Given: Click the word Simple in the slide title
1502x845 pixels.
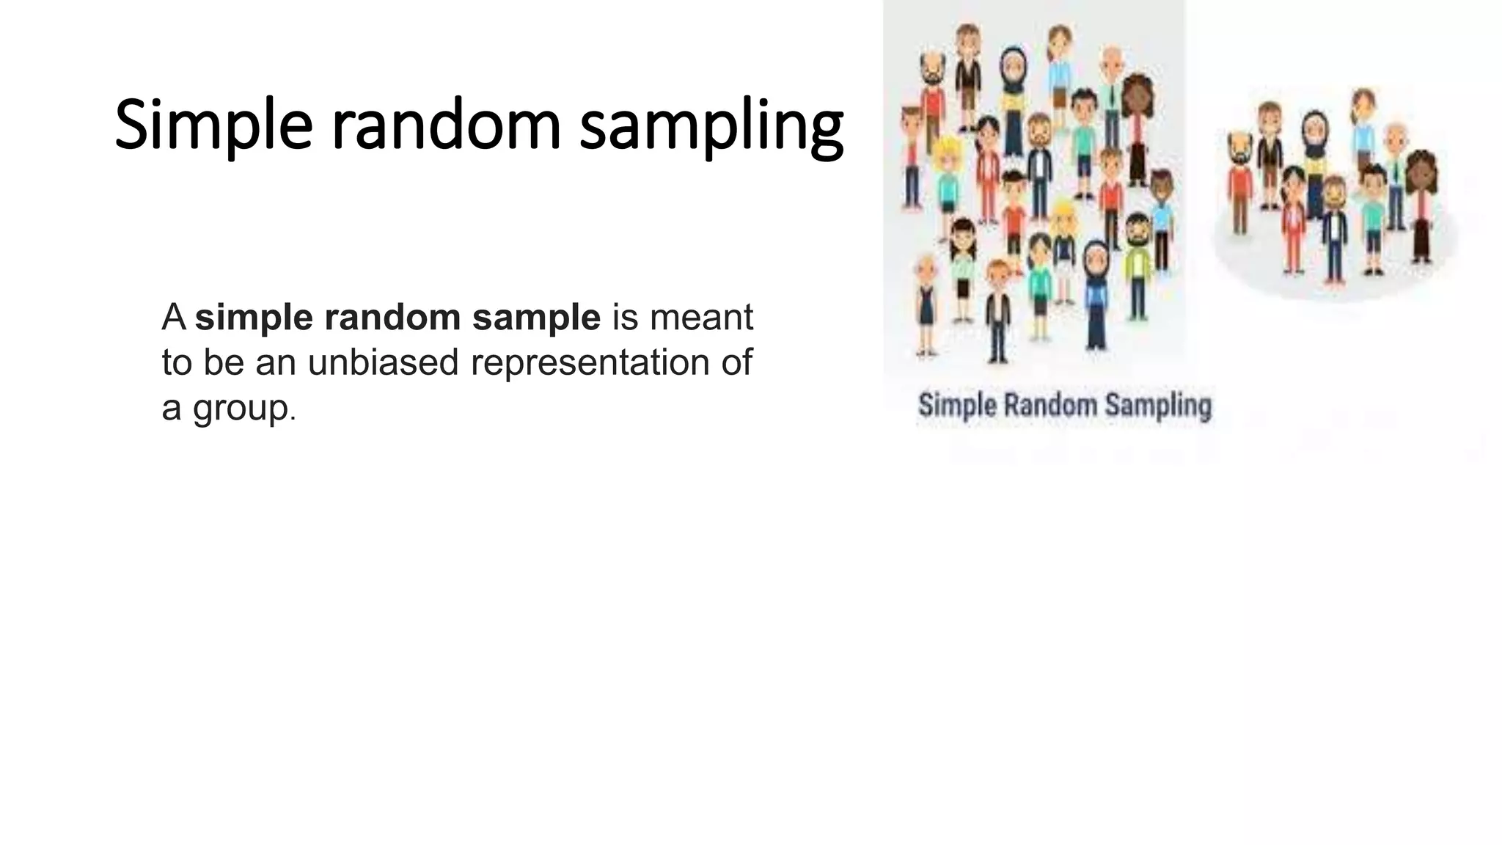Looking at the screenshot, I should click(x=213, y=126).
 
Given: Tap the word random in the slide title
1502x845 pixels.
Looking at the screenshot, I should click(x=446, y=126).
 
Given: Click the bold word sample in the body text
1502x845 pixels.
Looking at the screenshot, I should click(x=536, y=318).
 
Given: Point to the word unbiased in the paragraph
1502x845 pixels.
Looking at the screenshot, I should click(x=383, y=362).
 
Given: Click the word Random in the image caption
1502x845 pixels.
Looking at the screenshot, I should click(x=1049, y=405).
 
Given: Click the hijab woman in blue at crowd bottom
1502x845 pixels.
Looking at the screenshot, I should click(x=1096, y=293).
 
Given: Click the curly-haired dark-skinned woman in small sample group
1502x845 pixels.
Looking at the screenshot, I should click(x=1421, y=202).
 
